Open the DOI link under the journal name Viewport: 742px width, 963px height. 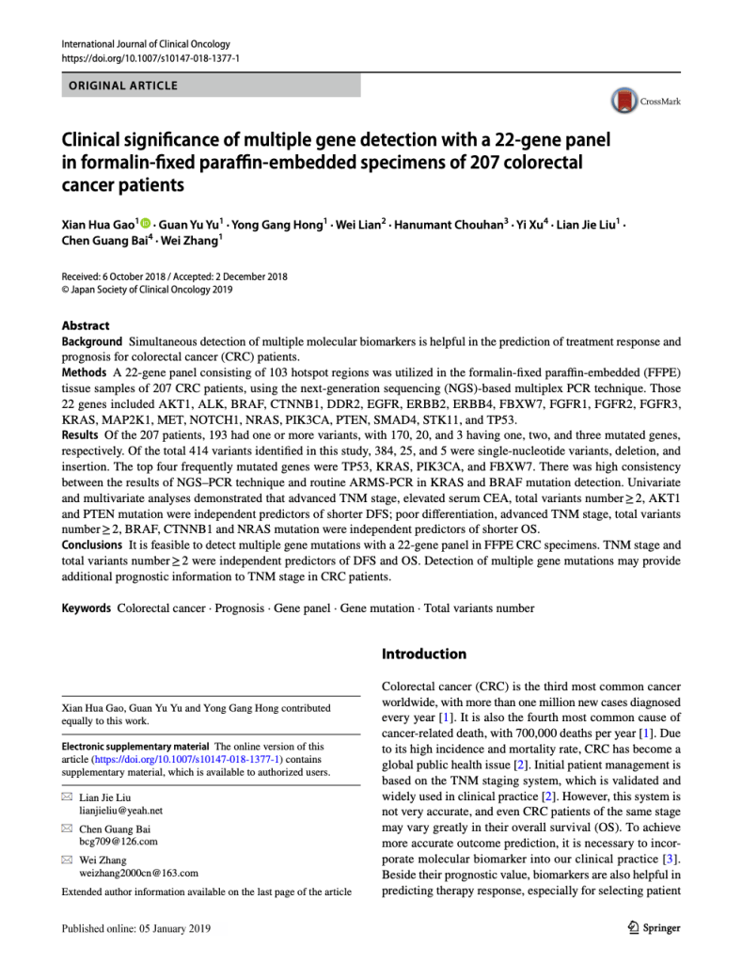[150, 58]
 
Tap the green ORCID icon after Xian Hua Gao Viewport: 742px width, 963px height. [145, 223]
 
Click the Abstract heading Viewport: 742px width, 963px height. [86, 325]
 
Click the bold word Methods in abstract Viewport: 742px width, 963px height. [84, 373]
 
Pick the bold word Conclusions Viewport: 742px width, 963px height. [92, 545]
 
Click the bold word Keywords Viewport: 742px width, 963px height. [87, 608]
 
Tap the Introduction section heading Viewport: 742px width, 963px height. [423, 654]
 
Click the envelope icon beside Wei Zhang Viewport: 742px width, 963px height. [66, 860]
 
